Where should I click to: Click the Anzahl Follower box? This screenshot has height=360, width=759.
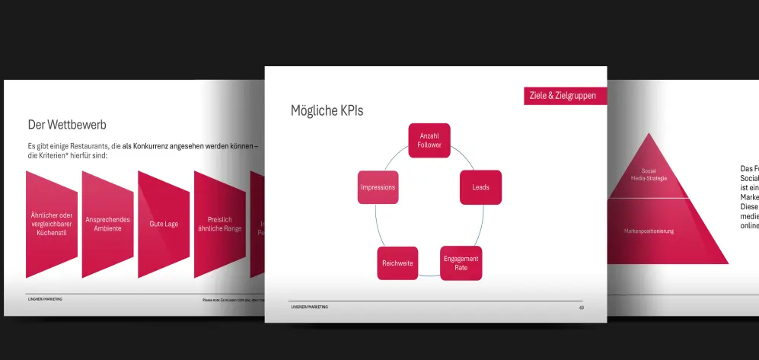click(x=429, y=140)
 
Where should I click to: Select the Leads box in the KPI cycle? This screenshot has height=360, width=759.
click(x=480, y=187)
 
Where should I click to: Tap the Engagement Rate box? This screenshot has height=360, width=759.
click(x=461, y=263)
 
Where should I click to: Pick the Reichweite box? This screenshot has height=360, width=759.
click(x=397, y=263)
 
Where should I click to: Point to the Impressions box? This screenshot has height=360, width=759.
click(x=378, y=187)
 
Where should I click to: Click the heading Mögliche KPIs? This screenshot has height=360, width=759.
click(x=327, y=111)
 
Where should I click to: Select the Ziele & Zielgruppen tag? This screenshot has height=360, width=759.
click(x=563, y=96)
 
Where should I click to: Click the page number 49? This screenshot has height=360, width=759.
click(x=581, y=307)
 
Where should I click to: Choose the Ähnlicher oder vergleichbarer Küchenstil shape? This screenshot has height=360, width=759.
click(x=53, y=223)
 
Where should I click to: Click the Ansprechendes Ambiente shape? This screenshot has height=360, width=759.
click(x=107, y=224)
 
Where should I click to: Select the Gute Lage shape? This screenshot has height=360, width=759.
click(x=163, y=224)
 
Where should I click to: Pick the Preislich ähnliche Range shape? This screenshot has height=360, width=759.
click(x=219, y=224)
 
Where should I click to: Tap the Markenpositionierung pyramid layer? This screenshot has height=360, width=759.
click(x=649, y=231)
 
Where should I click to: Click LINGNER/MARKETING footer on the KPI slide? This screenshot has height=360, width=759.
click(x=310, y=307)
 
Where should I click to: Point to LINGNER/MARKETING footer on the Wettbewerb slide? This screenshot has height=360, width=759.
click(x=45, y=299)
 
